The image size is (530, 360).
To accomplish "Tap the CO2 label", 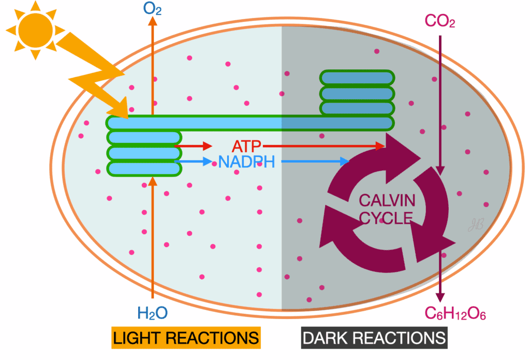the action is coord(440,21).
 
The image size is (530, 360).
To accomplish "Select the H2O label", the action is coord(153,313).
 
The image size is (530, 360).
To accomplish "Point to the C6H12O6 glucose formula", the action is coord(455,313).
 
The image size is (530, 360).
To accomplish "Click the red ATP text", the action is coord(246,147).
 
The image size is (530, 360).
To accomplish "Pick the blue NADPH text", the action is coord(246,162).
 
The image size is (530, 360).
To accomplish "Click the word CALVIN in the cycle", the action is coord(387,200).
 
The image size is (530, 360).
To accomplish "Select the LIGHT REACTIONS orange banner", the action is coord(186,338).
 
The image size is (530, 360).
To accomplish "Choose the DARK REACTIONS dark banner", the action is coord(374,338).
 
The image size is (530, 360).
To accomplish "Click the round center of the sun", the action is coord(35,30).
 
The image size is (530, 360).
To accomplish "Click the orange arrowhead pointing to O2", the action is coord(153,21).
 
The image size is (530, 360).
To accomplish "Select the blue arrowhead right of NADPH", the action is coord(344,162).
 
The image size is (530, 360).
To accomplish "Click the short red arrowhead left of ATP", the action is coord(208,146).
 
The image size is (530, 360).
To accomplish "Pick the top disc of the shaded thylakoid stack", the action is coord(357,78).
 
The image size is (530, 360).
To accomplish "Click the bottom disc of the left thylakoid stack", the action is coord(144,169).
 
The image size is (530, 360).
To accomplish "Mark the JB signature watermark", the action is coord(476,224).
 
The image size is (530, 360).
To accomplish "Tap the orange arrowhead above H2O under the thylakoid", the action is coord(153,181).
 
